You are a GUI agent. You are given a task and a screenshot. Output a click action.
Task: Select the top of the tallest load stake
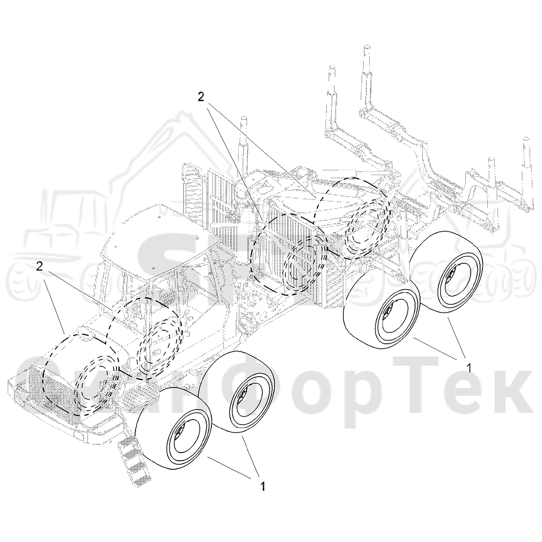click(x=367, y=47)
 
